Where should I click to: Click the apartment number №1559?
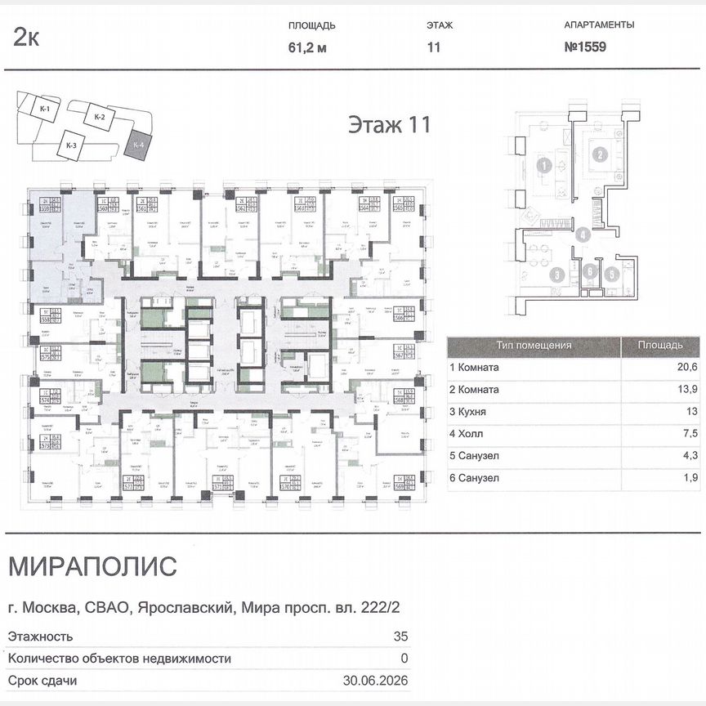click(x=584, y=47)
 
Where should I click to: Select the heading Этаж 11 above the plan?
click(x=389, y=125)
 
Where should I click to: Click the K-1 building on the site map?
click(x=46, y=109)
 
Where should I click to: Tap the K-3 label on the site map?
click(x=71, y=146)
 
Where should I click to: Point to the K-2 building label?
click(x=100, y=117)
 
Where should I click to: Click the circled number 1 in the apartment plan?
click(x=542, y=167)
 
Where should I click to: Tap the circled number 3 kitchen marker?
click(x=555, y=275)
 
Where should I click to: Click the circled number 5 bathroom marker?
click(x=611, y=275)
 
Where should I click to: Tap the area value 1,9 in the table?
click(x=692, y=478)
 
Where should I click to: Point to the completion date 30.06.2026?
click(x=374, y=680)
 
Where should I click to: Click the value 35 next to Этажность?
click(x=400, y=636)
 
